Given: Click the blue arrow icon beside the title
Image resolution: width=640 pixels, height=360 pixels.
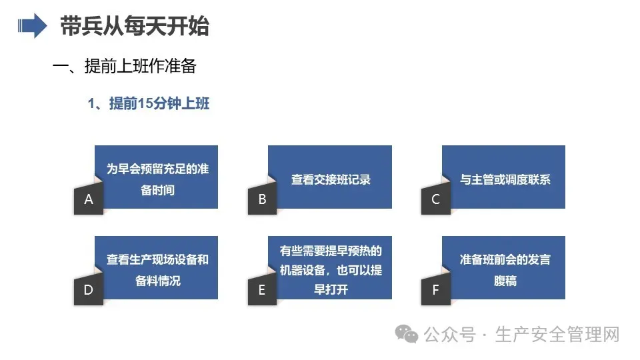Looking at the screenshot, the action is click(32, 26).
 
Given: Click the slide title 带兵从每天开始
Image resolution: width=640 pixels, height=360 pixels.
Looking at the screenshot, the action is click(135, 26).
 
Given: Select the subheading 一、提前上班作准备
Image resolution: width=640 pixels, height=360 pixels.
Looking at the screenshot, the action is click(125, 66).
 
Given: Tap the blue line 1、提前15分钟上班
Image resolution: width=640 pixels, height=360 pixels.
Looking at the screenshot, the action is click(149, 104).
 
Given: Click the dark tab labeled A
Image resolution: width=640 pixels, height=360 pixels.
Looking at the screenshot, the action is click(89, 199).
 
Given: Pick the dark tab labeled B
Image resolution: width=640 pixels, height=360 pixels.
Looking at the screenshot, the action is click(263, 199).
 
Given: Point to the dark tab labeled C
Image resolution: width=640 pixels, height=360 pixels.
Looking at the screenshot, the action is click(436, 199).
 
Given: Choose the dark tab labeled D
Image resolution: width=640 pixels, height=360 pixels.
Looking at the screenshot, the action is click(89, 290).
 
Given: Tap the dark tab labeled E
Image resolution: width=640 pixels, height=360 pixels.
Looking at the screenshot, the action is click(263, 290).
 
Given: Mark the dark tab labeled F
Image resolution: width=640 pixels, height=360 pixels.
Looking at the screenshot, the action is click(436, 290).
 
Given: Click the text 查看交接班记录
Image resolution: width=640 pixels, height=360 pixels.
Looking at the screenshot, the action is click(331, 179).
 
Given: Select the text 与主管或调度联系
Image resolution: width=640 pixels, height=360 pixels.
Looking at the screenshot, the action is click(505, 179).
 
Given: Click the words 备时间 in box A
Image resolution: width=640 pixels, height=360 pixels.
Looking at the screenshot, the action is click(157, 190).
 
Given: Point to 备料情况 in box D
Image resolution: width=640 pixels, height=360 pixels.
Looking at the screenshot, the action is click(157, 281).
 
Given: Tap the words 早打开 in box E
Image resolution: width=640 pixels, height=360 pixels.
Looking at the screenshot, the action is click(331, 289).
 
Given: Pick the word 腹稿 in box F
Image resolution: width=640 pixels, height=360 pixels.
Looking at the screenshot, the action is click(505, 281).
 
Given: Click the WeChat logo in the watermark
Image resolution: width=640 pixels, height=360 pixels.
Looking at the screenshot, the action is click(407, 334).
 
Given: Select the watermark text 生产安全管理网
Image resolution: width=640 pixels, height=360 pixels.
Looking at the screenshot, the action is click(557, 334).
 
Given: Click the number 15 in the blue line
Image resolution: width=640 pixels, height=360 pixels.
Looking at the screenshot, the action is click(145, 104).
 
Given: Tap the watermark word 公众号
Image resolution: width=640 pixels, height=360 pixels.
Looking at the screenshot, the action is click(450, 335).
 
